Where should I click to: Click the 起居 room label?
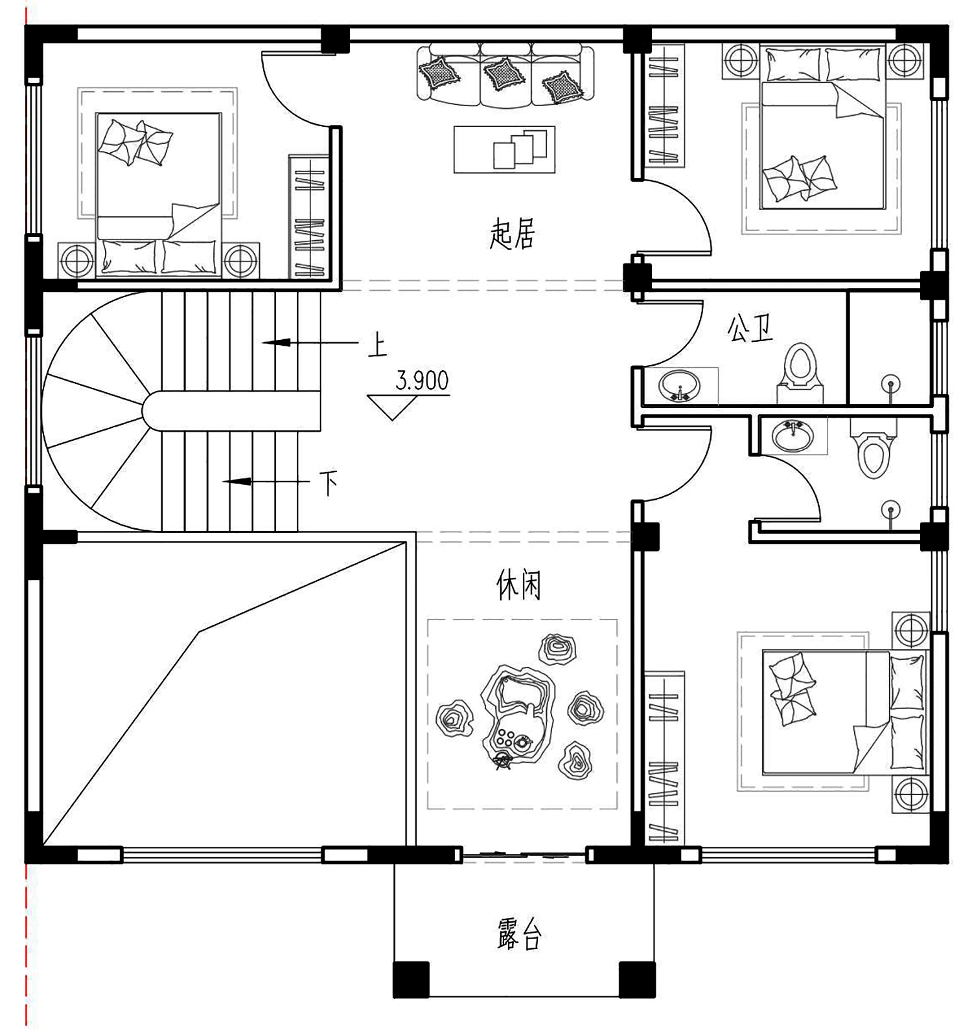pyautogui.click(x=512, y=234)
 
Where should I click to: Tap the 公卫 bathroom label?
pyautogui.click(x=750, y=329)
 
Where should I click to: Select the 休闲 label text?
pyautogui.click(x=518, y=585)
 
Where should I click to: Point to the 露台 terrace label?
pyautogui.click(x=520, y=934)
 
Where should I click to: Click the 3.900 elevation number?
pyautogui.click(x=422, y=380)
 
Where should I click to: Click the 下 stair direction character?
pyautogui.click(x=329, y=482)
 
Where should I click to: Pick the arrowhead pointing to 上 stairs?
pyautogui.click(x=276, y=342)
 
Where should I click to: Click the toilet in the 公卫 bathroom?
pyautogui.click(x=800, y=373)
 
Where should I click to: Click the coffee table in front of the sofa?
pyautogui.click(x=504, y=150)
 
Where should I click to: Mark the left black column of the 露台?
pyautogui.click(x=411, y=979)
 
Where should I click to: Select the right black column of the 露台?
pyautogui.click(x=637, y=979)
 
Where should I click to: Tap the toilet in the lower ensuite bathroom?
pyautogui.click(x=873, y=448)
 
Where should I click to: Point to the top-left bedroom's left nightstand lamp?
pyautogui.click(x=76, y=261)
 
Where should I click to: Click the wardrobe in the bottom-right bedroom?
pyautogui.click(x=664, y=758)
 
